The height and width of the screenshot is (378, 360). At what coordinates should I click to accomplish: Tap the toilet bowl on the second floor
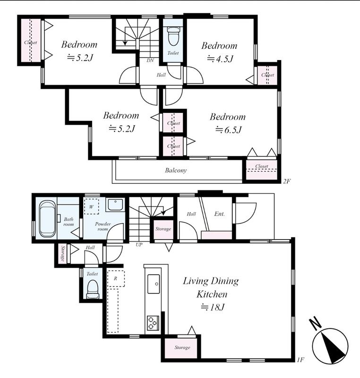pos(173,36)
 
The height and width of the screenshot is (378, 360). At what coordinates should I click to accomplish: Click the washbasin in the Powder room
pos(115,205)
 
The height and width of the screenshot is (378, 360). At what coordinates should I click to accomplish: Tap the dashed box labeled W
pos(91,206)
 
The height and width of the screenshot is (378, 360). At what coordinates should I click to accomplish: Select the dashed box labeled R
pos(116,278)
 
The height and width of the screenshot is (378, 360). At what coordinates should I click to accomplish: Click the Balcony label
pos(176,171)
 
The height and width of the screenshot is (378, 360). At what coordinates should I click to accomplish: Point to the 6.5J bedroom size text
pos(228,130)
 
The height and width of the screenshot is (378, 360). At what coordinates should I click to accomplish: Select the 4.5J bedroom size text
pos(220,59)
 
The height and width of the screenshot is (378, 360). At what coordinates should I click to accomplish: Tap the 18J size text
pos(213,307)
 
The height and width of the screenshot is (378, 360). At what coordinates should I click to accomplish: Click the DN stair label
pos(150,60)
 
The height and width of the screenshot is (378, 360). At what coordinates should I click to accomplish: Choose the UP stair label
pos(139,245)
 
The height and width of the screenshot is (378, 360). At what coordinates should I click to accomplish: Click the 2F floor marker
pos(286,181)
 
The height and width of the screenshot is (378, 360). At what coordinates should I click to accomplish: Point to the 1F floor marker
pos(300,360)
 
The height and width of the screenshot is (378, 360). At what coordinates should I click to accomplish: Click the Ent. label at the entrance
pos(219,214)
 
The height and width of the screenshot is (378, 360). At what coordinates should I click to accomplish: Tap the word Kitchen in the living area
pos(212,294)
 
